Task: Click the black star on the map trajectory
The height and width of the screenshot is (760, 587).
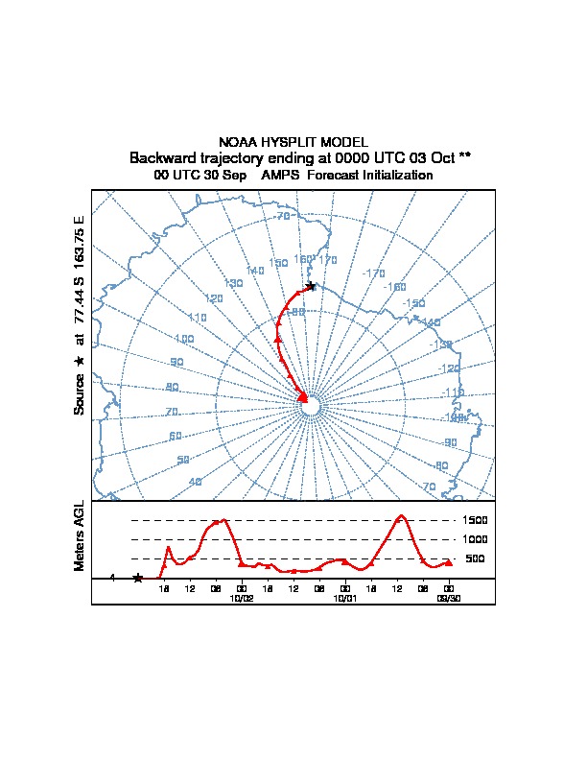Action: [310, 286]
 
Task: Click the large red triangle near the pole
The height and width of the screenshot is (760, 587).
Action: [303, 396]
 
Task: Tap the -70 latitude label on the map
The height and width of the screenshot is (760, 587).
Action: [282, 216]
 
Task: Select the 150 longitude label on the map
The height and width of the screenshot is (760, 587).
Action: [278, 263]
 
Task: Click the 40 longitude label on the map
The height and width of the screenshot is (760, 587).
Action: [196, 482]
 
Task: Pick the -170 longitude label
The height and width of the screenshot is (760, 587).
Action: [373, 273]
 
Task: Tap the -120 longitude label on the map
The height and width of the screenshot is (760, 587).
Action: [450, 368]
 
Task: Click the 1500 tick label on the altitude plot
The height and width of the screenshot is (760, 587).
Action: [475, 521]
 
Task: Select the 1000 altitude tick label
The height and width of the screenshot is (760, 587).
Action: [475, 539]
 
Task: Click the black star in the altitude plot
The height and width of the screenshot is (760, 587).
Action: [138, 578]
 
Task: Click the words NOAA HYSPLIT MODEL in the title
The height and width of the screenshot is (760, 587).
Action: [293, 142]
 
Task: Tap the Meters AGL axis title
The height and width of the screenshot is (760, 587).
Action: [80, 536]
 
